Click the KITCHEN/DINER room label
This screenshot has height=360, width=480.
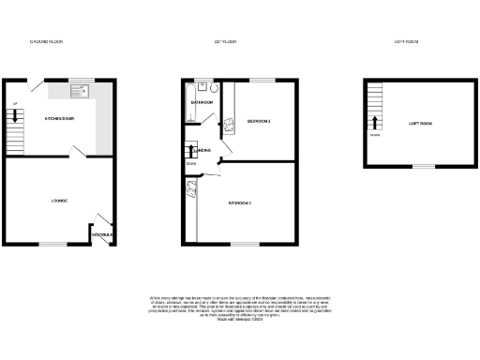(59, 119)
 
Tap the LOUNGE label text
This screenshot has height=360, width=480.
(58, 201)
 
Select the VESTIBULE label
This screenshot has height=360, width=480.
(102, 234)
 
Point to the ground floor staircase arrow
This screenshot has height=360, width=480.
(15, 117)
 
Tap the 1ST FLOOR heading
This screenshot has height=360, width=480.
(224, 42)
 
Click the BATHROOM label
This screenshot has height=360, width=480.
(202, 102)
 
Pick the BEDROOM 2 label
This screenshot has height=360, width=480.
(258, 122)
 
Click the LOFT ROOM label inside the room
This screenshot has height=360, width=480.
(420, 124)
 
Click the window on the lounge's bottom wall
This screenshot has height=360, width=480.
(53, 245)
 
